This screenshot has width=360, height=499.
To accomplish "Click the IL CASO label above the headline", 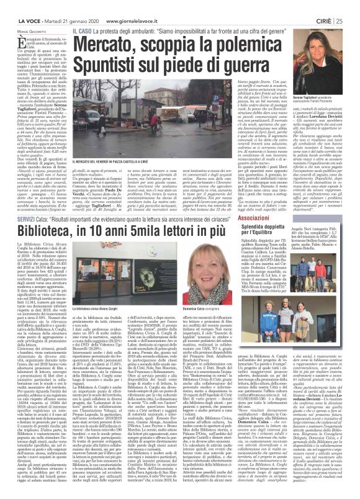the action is tap(81, 12).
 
